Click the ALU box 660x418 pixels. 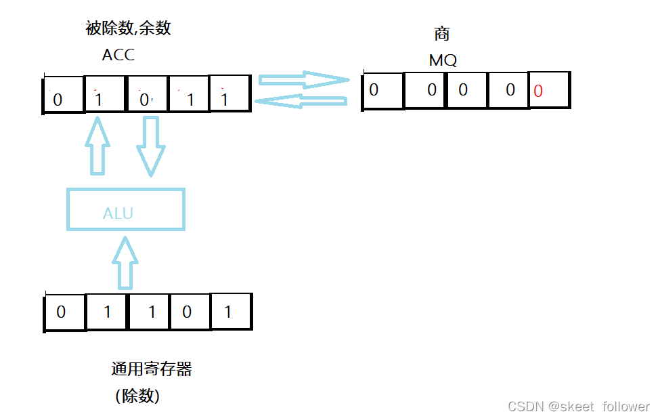pos(126,209)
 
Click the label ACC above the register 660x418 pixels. pos(118,56)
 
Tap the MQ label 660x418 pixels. pos(443,60)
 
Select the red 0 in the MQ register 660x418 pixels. pos(548,91)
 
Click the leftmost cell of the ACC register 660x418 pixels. pos(64,93)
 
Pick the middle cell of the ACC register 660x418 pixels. pos(146,93)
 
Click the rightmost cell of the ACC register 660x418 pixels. pos(230,93)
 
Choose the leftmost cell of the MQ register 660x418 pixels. pos(383,90)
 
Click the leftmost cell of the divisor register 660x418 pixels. pos(65,312)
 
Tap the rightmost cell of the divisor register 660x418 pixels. pos(231,312)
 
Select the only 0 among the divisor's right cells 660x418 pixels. pos(189,312)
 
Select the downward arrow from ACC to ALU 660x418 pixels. pos(151,146)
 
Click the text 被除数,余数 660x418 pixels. pos(128,28)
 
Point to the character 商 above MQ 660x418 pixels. pos(442,35)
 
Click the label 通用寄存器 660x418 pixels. pos(152,369)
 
